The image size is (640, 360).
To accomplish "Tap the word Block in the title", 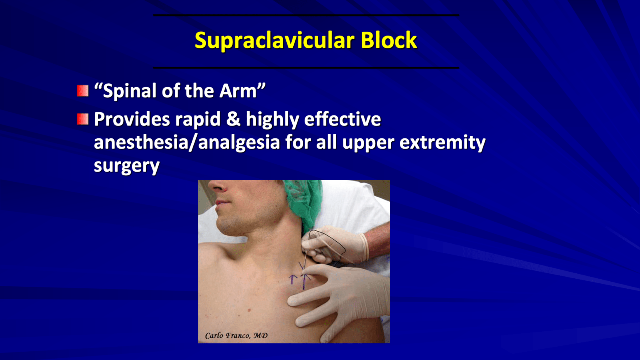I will (389, 40).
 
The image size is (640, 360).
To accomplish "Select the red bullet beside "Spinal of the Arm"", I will (83, 91).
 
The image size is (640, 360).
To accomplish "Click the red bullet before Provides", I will (83, 120).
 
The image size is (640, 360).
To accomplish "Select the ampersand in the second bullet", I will (233, 120).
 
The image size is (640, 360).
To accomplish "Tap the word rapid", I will (197, 120).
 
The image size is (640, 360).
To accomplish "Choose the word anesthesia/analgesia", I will (187, 142).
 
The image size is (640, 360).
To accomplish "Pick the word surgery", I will (127, 166).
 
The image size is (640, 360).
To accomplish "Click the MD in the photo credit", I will (260, 335).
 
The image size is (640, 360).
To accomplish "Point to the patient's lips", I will (222, 203).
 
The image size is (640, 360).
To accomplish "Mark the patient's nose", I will (223, 187).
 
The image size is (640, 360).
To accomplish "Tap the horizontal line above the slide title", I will (306, 15).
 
